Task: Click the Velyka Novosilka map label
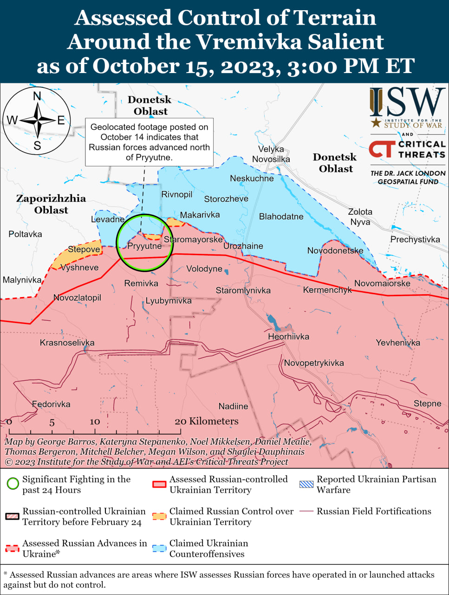(271, 154)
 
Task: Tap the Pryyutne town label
(144, 246)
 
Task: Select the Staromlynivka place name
(243, 291)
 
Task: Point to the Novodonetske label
(335, 251)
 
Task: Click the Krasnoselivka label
(67, 343)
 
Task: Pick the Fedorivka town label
(51, 404)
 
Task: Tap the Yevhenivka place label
(398, 343)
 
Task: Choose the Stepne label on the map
(427, 403)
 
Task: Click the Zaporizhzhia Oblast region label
(51, 204)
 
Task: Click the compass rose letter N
(37, 96)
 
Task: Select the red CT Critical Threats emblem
(382, 149)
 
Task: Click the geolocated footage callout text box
(149, 142)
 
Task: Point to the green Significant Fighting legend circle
(13, 483)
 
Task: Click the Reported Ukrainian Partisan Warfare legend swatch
(306, 484)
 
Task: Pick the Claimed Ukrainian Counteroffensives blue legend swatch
(159, 549)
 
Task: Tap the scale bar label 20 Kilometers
(207, 421)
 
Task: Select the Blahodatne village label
(281, 217)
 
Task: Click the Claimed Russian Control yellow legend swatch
(159, 516)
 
